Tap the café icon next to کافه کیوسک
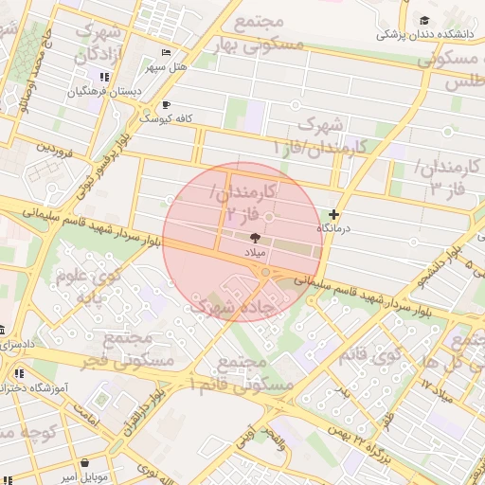pos(167,104)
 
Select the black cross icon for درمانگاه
pos(333,215)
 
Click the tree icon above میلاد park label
pos(255,239)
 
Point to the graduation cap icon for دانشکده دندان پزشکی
pos(425,20)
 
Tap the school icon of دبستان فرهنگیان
pos(103,78)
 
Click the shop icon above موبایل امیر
pos(86,463)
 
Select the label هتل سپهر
pos(167,68)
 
